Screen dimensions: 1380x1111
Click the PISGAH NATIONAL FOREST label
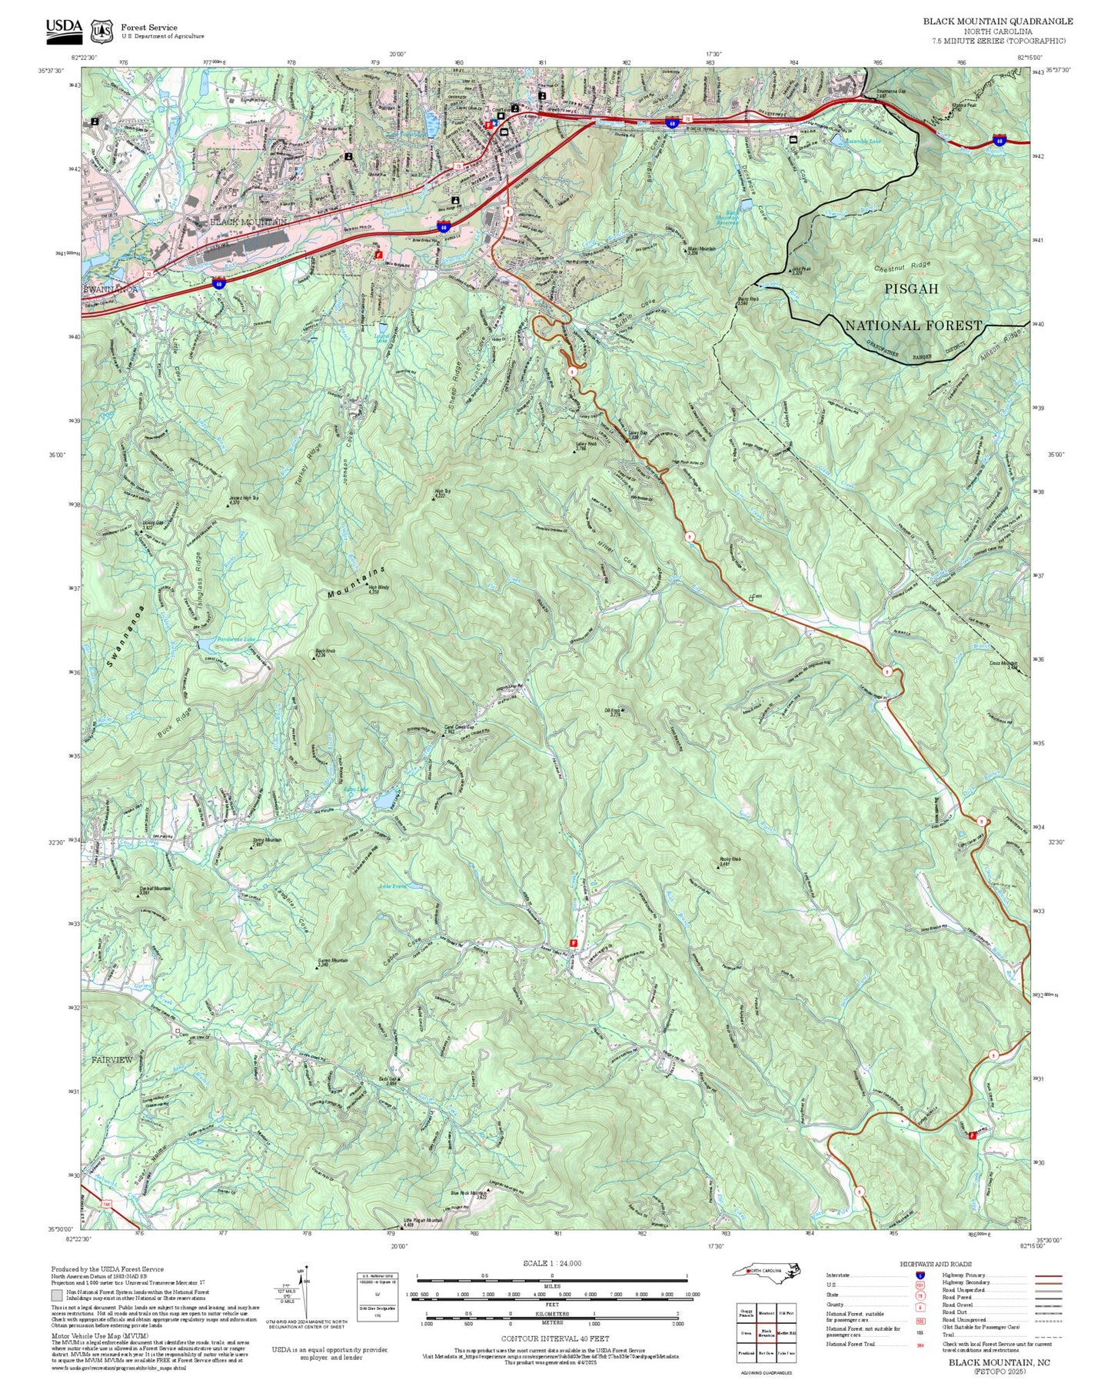coord(913,307)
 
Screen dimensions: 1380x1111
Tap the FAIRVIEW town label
coord(112,1059)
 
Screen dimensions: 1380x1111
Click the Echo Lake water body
coord(386,798)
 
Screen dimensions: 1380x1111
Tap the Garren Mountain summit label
coord(333,962)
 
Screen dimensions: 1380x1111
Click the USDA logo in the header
coord(63,28)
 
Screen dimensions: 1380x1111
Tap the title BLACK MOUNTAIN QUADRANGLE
coord(997,21)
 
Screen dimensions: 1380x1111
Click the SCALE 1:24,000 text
coord(551,1263)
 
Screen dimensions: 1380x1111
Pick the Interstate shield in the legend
coord(920,1275)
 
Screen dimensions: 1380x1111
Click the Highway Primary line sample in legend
coord(1048,1275)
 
